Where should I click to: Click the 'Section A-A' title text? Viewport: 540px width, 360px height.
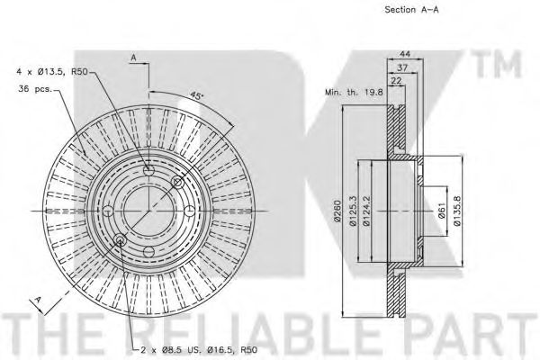point(411,10)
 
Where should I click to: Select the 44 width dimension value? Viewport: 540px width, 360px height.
point(404,54)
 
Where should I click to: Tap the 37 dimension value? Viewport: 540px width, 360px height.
point(402,67)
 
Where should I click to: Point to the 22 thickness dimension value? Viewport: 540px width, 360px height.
point(397,81)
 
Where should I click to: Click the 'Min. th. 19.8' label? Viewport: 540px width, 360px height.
point(354,92)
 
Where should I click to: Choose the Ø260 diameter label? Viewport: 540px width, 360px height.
point(337,211)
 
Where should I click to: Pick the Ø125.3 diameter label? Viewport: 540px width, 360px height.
point(353,211)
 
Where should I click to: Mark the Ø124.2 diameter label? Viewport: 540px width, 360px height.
point(366,211)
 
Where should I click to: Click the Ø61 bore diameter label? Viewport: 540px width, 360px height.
point(442,211)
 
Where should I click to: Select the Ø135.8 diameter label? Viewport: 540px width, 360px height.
point(456,211)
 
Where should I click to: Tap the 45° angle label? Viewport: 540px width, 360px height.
point(196,95)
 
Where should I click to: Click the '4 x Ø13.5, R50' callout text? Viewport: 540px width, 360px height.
point(51,72)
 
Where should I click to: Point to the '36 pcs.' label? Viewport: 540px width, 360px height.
point(35,89)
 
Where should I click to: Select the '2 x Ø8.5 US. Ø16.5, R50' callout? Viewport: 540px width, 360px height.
point(199,350)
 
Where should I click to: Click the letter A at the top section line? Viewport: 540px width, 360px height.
point(133,58)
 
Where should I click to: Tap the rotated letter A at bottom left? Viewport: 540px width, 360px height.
point(39,300)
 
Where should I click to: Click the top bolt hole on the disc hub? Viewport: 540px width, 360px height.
point(148,170)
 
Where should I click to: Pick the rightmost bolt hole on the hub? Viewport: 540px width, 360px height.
point(190,211)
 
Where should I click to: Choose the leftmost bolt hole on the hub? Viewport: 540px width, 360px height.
point(108,211)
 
